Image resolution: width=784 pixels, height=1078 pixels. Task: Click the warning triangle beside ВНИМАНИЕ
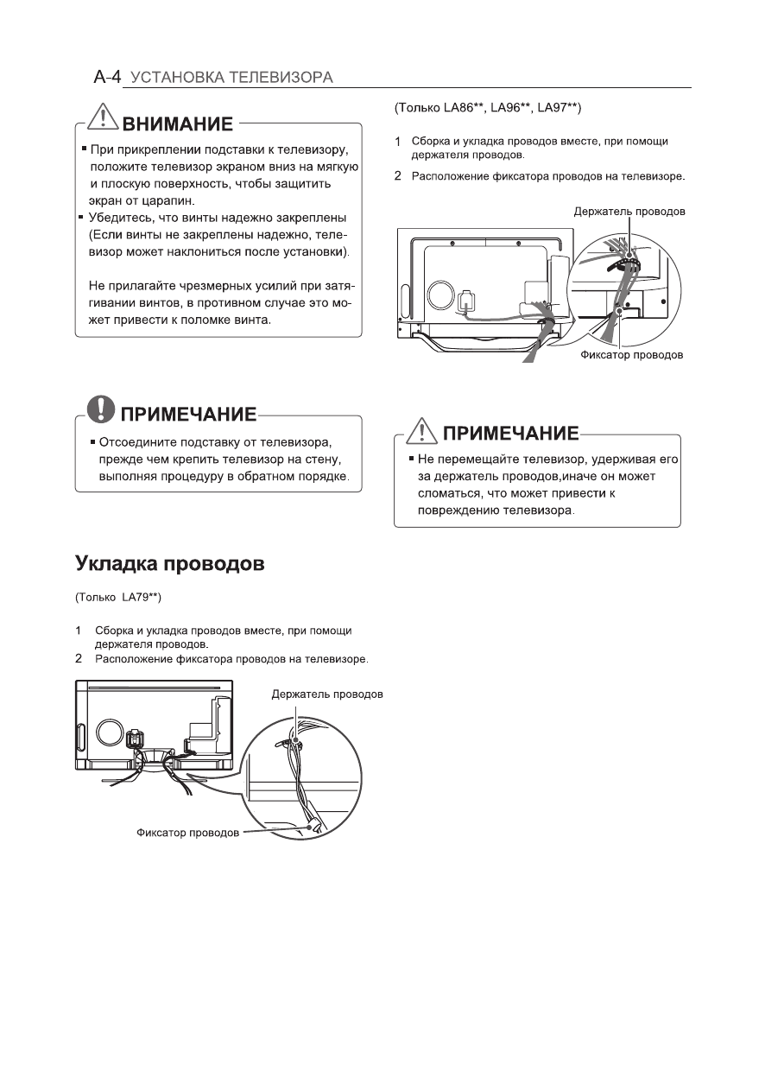point(106,121)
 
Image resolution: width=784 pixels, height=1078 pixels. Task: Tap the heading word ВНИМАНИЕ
point(178,124)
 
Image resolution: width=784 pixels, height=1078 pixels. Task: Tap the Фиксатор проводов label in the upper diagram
point(631,354)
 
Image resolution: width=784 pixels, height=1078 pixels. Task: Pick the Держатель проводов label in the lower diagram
point(327,694)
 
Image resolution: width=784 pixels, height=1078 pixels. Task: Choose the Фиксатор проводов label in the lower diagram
point(188,834)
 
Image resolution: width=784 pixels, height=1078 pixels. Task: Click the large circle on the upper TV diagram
point(445,295)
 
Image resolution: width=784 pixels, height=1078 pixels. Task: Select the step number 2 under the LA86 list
point(398,176)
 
